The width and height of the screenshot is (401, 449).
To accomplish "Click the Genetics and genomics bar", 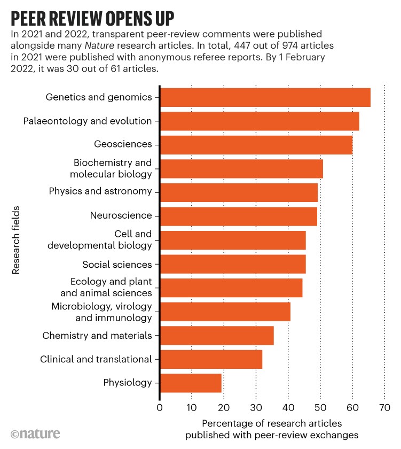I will coord(265,97).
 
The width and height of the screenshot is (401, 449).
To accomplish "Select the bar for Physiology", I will coord(191,383).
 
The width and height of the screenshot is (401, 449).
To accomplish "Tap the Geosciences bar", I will coord(256,145).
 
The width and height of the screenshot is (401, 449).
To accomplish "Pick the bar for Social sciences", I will coord(233,264).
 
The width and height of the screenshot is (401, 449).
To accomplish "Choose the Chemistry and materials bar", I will coord(217,335).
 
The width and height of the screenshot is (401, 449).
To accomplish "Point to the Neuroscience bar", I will coord(238,216).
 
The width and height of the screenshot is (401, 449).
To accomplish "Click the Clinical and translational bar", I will coord(211,359).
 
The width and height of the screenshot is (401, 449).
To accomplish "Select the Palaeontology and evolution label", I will coord(88,121).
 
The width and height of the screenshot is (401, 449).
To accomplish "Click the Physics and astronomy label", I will coord(100,191).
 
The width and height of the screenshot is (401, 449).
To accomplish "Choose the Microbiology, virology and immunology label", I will coord(101,312).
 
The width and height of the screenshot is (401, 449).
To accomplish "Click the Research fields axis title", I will coord(16,240).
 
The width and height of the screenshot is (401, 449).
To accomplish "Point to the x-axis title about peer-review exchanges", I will coord(272,428).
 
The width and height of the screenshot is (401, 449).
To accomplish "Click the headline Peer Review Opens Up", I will coord(92,18).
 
